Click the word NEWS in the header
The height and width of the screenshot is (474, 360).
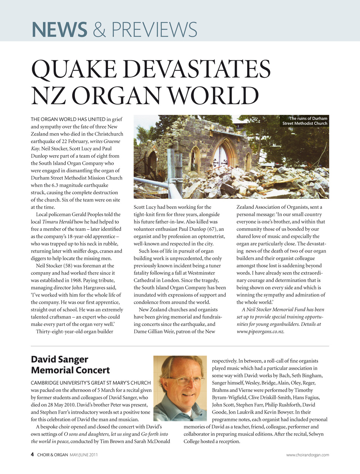pyautogui.click(x=59, y=30)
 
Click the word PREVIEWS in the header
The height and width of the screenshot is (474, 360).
pyautogui.click(x=154, y=30)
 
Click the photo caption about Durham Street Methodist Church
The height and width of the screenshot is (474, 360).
pyautogui.click(x=305, y=121)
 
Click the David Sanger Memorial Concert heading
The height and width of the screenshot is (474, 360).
pyautogui.click(x=70, y=365)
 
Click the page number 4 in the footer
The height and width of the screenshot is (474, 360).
pyautogui.click(x=33, y=455)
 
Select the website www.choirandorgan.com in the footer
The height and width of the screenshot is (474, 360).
pyautogui.click(x=307, y=455)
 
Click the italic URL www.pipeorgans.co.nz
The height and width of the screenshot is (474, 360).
pyautogui.click(x=260, y=331)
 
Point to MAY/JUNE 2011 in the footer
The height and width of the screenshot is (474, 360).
pyautogui.click(x=84, y=455)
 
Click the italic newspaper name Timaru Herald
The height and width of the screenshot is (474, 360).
pyautogui.click(x=57, y=222)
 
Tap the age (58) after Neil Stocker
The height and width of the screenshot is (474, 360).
pyautogui.click(x=68, y=266)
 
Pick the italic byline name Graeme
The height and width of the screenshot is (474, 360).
pyautogui.click(x=111, y=141)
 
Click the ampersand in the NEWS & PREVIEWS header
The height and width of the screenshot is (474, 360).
pyautogui.click(x=99, y=30)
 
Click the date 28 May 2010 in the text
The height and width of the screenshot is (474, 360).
pyautogui.click(x=57, y=405)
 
